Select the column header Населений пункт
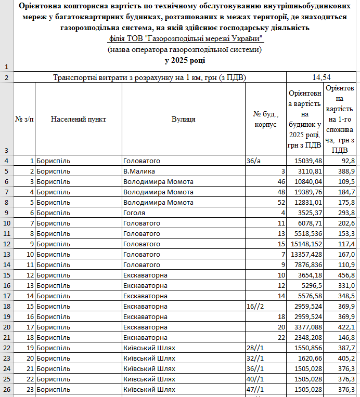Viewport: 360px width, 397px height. [x=79, y=119]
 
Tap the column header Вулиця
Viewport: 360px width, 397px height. [x=183, y=119]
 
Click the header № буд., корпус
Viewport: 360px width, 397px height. [x=265, y=119]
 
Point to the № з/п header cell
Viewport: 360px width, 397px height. [x=24, y=119]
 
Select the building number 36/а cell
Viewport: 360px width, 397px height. [x=254, y=161]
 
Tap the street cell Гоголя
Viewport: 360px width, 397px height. [x=134, y=213]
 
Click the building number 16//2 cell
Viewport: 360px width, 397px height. [x=255, y=306]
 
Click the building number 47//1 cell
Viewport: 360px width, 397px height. [x=255, y=389]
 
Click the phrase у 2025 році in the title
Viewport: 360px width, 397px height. [x=184, y=60]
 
